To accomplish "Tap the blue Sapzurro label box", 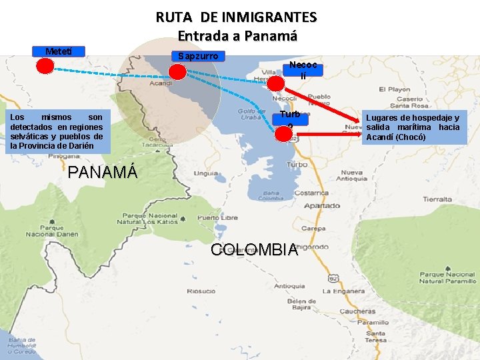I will coord(198,56).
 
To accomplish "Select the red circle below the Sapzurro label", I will coord(177,71).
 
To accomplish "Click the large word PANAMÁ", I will coord(103,172).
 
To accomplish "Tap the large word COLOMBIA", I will coord(254,250).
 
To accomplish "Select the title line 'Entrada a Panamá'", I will coord(237,36).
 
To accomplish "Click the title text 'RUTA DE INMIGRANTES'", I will coord(237,17).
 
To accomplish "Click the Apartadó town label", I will coord(318,206).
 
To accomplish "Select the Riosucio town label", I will coord(201,291).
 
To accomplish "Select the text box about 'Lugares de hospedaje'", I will coord(413,127).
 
